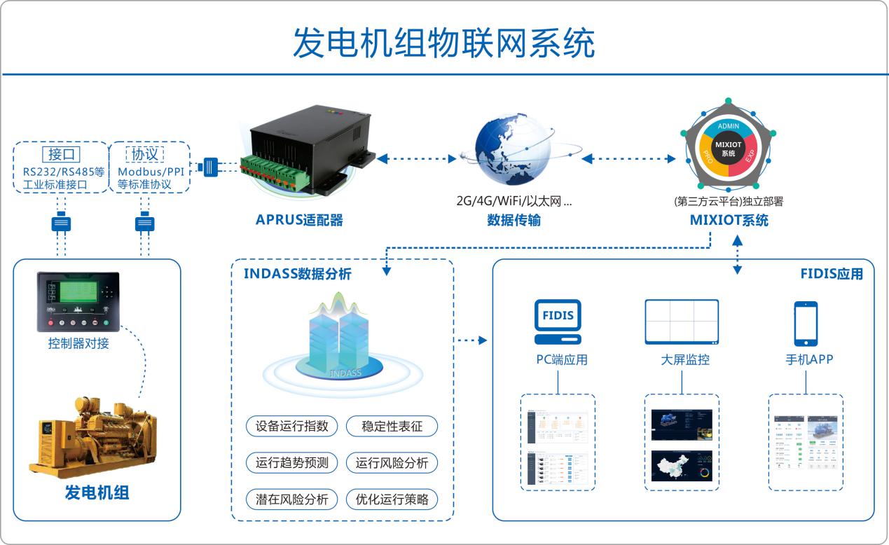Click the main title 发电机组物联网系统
(443, 43)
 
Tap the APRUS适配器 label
(299, 220)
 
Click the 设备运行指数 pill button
(292, 426)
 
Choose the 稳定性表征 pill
(392, 426)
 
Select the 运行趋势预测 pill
(292, 462)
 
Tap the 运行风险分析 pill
(392, 462)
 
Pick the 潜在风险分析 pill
(292, 499)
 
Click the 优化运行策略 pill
(392, 499)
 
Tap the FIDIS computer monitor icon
(558, 322)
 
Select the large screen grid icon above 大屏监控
(682, 322)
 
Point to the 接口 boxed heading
(60, 154)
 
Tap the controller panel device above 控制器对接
(78, 302)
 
